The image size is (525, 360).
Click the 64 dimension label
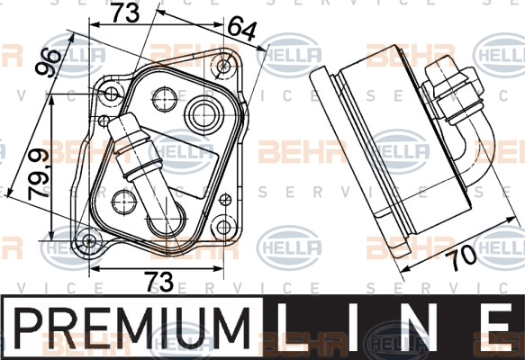point(241,31)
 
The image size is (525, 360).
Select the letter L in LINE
point(290,323)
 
